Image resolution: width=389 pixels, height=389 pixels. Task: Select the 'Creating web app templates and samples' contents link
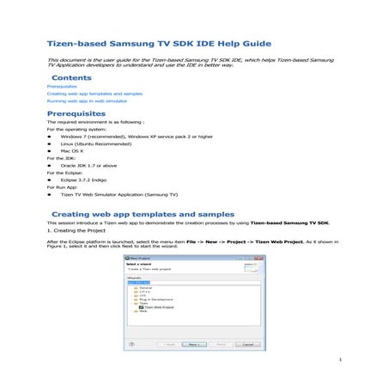pyautogui.click(x=94, y=94)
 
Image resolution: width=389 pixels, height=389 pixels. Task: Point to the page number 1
pyautogui.click(x=341, y=360)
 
